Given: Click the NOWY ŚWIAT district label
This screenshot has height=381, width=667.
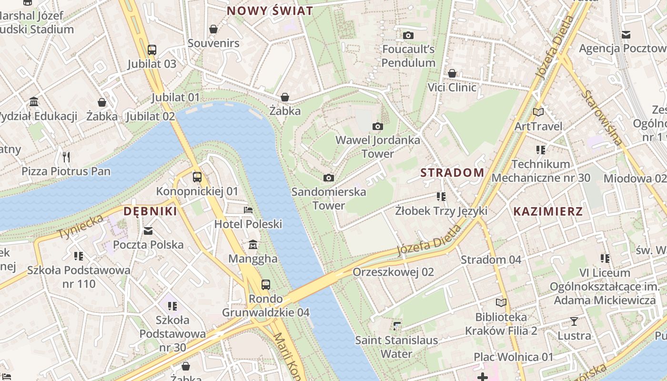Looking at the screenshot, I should click(x=270, y=11).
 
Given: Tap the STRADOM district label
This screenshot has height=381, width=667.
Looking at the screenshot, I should click(x=452, y=173).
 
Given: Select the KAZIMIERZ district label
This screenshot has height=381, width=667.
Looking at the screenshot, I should click(x=548, y=212).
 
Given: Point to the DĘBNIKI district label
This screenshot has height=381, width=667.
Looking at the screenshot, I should click(x=150, y=211).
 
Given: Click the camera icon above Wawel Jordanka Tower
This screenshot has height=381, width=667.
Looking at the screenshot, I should click(x=378, y=126).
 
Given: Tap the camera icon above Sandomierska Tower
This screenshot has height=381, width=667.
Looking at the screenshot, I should click(x=328, y=178).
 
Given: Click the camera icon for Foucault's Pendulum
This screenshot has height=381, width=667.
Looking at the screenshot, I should click(x=408, y=35).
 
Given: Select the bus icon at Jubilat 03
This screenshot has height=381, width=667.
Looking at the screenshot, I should click(x=152, y=50).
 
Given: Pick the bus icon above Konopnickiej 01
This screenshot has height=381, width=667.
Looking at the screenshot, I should click(x=197, y=177).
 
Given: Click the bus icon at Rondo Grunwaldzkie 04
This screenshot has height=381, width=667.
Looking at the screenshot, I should click(x=266, y=285).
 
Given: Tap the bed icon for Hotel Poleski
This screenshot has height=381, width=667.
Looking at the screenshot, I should click(x=248, y=210).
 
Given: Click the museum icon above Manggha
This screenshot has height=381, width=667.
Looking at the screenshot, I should click(x=253, y=245).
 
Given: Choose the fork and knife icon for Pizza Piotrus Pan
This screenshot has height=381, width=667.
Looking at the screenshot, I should click(x=66, y=157).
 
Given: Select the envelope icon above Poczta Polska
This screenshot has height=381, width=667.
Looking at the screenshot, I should click(x=148, y=231).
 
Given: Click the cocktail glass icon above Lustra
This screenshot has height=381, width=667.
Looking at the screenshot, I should click(x=574, y=321).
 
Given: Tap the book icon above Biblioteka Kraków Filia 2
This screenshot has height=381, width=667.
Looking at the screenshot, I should click(x=501, y=303).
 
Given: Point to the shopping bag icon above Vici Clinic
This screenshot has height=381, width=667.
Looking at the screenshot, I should click(x=452, y=73).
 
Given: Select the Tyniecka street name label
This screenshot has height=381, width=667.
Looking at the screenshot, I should click(x=81, y=227).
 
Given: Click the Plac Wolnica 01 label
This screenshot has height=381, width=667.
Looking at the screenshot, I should click(x=514, y=357).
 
